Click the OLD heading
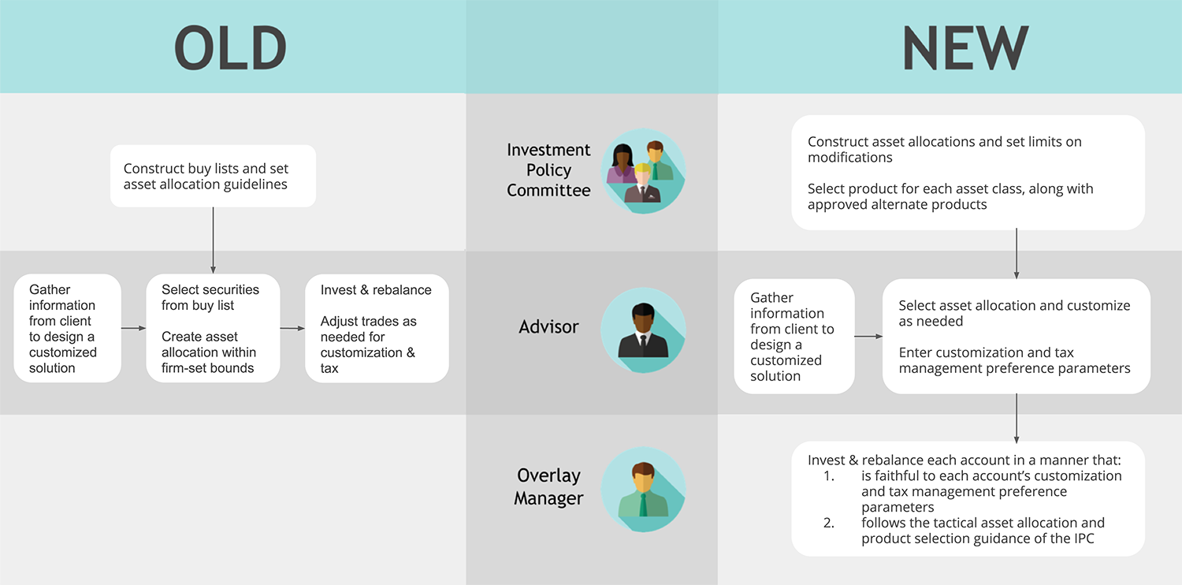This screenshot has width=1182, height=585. [231, 48]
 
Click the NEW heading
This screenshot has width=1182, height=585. [965, 48]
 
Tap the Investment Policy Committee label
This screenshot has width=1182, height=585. [548, 170]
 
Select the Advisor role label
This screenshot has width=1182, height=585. [548, 327]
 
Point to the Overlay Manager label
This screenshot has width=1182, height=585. [548, 486]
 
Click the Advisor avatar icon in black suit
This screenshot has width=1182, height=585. [643, 330]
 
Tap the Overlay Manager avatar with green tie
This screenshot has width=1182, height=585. [643, 490]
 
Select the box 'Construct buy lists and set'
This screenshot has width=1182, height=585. [214, 176]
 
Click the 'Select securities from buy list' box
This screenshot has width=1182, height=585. [214, 329]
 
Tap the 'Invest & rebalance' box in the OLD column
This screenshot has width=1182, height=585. [377, 329]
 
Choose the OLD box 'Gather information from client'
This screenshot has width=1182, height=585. [68, 329]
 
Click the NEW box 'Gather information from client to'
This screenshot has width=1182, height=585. [794, 337]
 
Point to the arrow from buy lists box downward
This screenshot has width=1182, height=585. [214, 240]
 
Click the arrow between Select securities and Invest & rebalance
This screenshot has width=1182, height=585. [292, 329]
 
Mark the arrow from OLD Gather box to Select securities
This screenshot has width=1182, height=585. [133, 329]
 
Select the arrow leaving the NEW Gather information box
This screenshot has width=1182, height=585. [868, 337]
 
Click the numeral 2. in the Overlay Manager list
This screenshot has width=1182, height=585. [828, 523]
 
